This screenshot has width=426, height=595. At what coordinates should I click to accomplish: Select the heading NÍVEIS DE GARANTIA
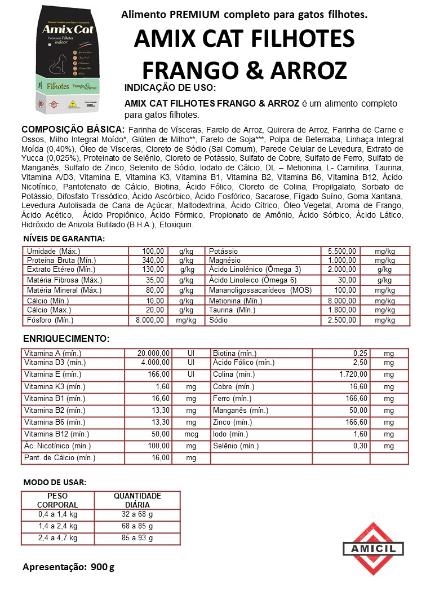(x=64, y=239)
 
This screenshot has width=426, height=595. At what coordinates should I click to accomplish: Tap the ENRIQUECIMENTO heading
(x=66, y=338)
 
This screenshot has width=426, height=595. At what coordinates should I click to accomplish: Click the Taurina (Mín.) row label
(x=232, y=310)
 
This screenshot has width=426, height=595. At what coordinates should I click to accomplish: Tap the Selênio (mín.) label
(x=236, y=446)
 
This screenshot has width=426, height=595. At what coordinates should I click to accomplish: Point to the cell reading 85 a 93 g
(x=137, y=538)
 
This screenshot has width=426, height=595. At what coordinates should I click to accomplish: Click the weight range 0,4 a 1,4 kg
(x=57, y=514)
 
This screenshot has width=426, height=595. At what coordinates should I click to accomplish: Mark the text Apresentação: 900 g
(x=68, y=567)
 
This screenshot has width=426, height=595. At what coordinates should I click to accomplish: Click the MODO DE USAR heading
(x=55, y=483)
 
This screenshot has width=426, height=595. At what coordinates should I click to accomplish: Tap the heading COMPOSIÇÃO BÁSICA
(x=69, y=129)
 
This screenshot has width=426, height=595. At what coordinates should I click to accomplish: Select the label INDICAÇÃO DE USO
(x=170, y=89)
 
